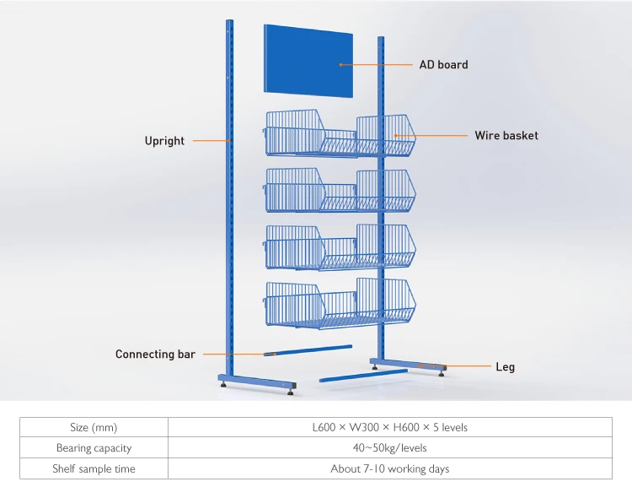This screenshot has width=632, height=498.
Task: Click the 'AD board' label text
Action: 443,64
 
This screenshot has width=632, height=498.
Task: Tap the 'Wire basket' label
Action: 506,135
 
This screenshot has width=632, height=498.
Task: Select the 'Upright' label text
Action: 164,141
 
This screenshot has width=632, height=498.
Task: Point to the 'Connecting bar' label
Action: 155,355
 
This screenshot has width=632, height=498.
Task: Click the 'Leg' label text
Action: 505,367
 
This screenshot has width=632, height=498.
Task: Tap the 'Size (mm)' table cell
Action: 94,427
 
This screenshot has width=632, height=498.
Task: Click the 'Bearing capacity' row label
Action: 94,448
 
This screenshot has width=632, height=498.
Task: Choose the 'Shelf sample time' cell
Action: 94,468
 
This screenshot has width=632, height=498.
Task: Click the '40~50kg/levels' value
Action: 389,448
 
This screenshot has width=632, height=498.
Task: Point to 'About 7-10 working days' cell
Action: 389,468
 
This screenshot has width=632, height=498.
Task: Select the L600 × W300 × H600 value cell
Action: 389,427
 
